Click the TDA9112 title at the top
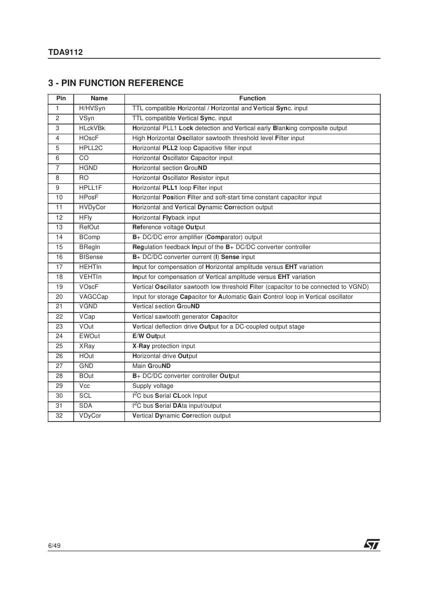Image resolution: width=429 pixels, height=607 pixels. pos(65,52)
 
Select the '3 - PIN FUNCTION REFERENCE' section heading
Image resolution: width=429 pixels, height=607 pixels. pos(115,83)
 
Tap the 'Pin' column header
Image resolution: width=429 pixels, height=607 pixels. pos(61,99)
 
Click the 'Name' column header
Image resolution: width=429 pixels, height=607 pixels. pos(99,99)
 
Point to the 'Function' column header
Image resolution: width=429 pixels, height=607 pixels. pos(252,99)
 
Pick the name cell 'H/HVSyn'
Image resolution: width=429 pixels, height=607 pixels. pos(92,109)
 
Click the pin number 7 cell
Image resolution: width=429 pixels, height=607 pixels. pos(58,168)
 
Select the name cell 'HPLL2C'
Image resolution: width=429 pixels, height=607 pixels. pos(91,148)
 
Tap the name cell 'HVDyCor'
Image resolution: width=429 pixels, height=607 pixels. pos(92,208)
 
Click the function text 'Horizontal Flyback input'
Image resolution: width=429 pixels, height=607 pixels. pos(166,218)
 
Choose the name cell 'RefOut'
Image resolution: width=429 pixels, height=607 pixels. pos(89,227)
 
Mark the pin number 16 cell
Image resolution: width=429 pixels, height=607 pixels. pos(59,257)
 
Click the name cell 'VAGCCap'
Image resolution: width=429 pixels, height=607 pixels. pos(93,297)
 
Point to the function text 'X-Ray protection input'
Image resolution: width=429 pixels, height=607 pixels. pos(163,346)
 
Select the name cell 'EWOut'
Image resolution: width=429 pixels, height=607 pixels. pos(90,336)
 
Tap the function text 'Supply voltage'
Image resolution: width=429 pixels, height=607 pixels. pos(153,386)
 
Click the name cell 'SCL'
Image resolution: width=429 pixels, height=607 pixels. pos(85,396)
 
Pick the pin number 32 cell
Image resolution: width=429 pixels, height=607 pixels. pos(59,416)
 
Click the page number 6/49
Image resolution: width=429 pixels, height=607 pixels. pos(54,546)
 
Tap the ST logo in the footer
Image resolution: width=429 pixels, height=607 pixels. pos(371,544)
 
